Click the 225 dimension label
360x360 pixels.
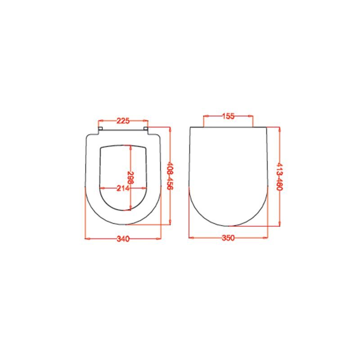tap(123, 121)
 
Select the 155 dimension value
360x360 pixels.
tap(228, 116)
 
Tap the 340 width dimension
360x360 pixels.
tap(123, 239)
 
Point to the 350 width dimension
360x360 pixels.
tap(228, 238)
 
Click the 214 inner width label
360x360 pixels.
tap(123, 189)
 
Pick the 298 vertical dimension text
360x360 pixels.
tap(130, 177)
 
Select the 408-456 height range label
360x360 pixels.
tap(170, 176)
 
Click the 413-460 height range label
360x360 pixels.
tap(279, 176)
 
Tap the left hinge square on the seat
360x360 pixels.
tap(100, 128)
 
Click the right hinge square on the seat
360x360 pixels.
tap(146, 128)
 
